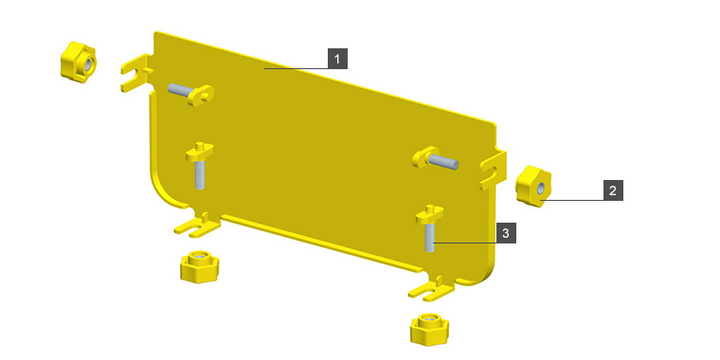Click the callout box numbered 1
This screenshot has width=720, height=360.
[337, 59]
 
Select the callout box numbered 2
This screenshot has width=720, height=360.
[613, 190]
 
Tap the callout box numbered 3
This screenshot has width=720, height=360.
[506, 233]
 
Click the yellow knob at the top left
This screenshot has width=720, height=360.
[78, 62]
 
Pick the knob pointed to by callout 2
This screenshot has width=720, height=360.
[533, 186]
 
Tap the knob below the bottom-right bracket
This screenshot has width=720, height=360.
[429, 329]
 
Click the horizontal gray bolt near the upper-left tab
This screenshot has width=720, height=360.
[183, 90]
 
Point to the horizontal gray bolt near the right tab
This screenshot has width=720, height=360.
[443, 162]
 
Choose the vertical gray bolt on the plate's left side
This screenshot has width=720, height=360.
[199, 175]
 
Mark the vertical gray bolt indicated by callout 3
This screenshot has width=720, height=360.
[430, 238]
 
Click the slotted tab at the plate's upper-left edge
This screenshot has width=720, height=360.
[136, 73]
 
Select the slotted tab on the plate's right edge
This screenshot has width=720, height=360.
[494, 170]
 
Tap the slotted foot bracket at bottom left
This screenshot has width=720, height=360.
[198, 225]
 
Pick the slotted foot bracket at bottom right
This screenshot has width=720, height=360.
[432, 289]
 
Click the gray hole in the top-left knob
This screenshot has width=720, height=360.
[88, 63]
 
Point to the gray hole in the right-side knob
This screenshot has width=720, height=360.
[541, 188]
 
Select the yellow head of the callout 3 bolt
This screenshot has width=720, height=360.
[430, 214]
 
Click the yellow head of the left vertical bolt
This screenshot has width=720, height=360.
[200, 152]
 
